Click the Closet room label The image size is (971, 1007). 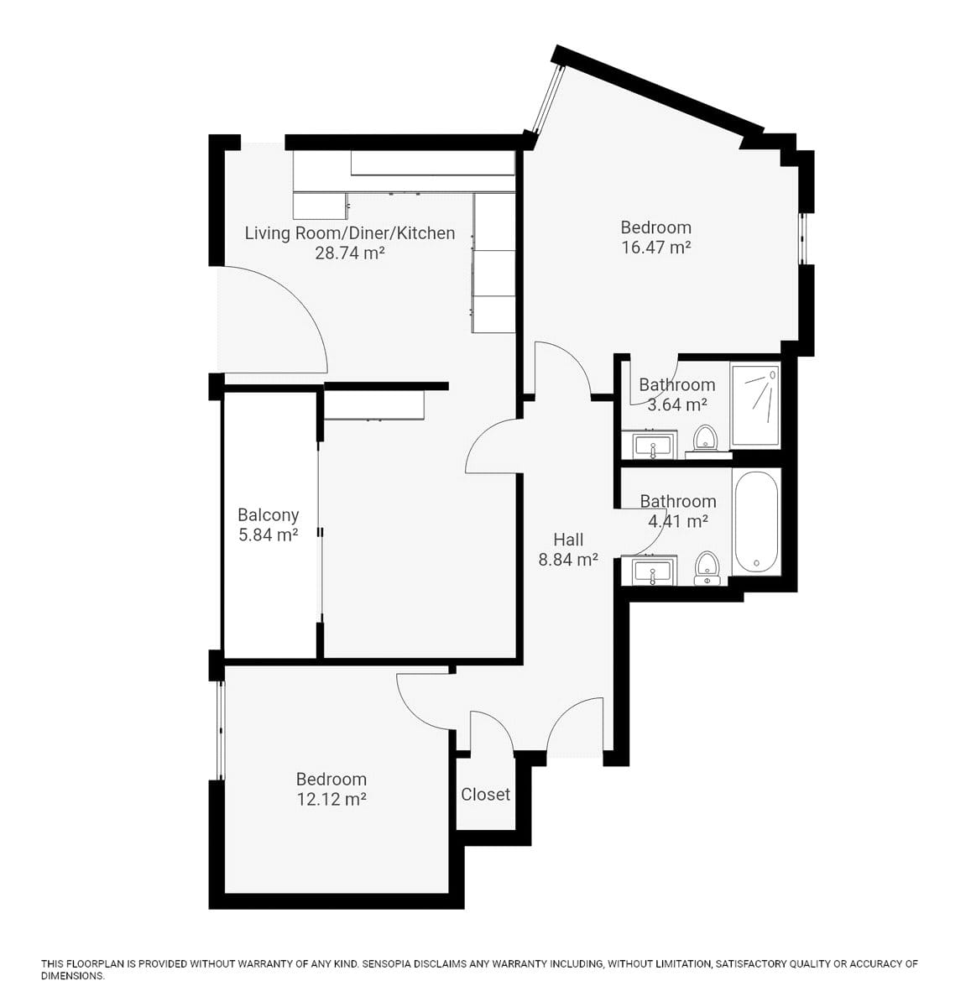point(485,794)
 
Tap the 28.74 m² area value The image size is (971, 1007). point(350,253)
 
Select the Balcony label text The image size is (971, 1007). point(268,515)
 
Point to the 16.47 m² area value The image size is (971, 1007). point(655,247)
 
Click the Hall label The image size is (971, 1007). point(568,540)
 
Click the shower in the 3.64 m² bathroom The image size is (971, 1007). point(755,405)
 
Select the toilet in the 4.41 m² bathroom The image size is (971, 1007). point(707,567)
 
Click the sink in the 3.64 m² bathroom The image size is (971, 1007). point(654,445)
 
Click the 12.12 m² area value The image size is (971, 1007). point(331,800)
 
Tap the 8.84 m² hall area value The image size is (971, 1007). point(568,560)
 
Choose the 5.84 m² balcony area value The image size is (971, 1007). point(268,535)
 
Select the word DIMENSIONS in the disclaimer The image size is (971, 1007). point(72,976)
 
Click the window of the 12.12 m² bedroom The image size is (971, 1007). point(221,730)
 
